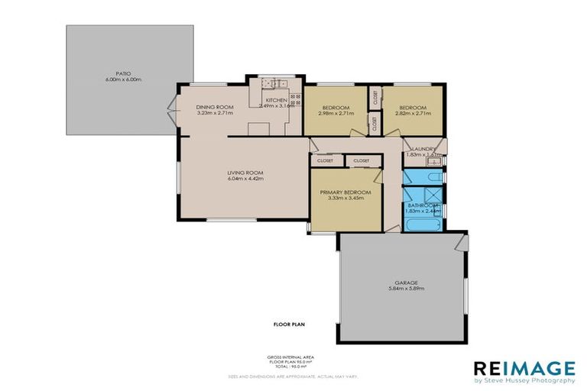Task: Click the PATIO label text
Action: [x=114, y=73]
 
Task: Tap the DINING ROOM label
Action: [x=214, y=107]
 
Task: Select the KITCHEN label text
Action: [x=275, y=100]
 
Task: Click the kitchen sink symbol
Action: [x=272, y=82]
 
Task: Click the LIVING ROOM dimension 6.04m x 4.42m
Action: [x=245, y=179]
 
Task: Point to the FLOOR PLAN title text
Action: [x=290, y=325]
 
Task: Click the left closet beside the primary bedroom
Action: [x=326, y=160]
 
